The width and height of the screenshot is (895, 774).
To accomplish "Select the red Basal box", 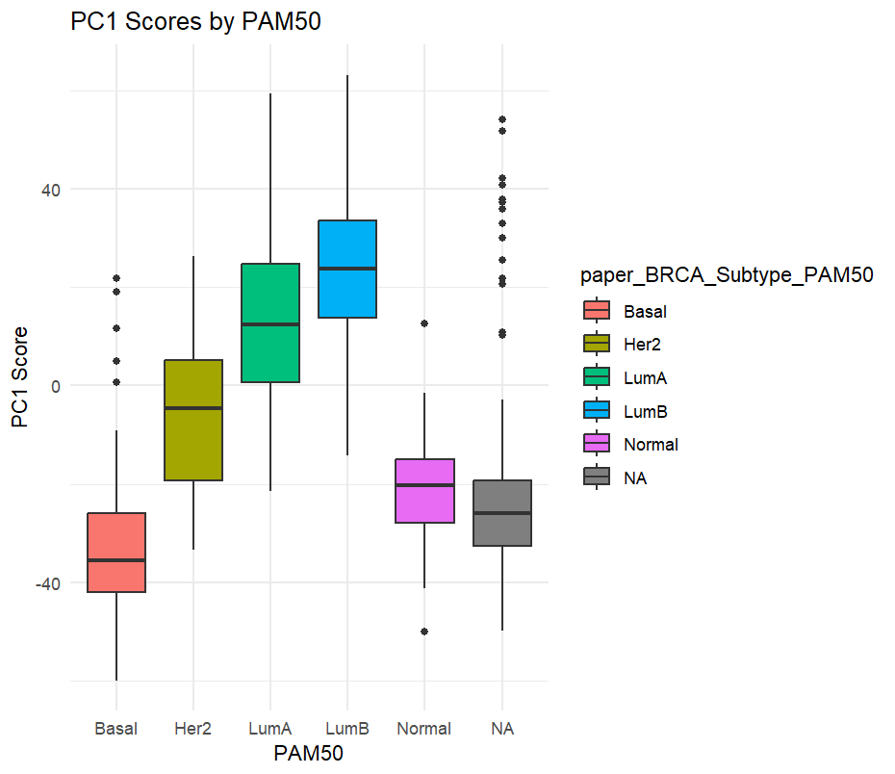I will pyautogui.click(x=116, y=553).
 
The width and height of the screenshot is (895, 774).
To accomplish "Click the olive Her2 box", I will pyautogui.click(x=193, y=420).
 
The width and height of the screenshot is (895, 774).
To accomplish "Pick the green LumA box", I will pyautogui.click(x=270, y=322).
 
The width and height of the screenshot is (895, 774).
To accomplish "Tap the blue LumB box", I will pyautogui.click(x=347, y=269).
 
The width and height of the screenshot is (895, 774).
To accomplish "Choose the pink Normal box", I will pyautogui.click(x=424, y=491).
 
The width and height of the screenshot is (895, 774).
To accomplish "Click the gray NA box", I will pyautogui.click(x=501, y=513).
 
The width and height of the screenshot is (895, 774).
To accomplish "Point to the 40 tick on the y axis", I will pyautogui.click(x=49, y=190).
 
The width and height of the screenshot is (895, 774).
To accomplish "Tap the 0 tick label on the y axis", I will pyautogui.click(x=55, y=386).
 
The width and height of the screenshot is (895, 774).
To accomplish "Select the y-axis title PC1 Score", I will pyautogui.click(x=19, y=377).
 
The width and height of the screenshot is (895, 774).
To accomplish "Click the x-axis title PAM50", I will pyautogui.click(x=308, y=754).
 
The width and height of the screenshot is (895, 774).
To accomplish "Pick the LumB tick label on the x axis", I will pyautogui.click(x=347, y=729).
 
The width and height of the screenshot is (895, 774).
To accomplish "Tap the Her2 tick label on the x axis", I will pyautogui.click(x=193, y=729).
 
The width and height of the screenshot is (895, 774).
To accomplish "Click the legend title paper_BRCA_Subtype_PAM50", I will pyautogui.click(x=727, y=276).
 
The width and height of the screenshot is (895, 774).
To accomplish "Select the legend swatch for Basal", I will pyautogui.click(x=597, y=311).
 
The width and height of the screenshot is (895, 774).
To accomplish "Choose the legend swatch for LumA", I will pyautogui.click(x=597, y=377).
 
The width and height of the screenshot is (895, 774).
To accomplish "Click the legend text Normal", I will pyautogui.click(x=651, y=445).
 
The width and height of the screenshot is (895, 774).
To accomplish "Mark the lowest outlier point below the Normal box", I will pyautogui.click(x=424, y=632).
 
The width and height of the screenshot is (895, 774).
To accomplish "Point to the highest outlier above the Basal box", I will pyautogui.click(x=116, y=278).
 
